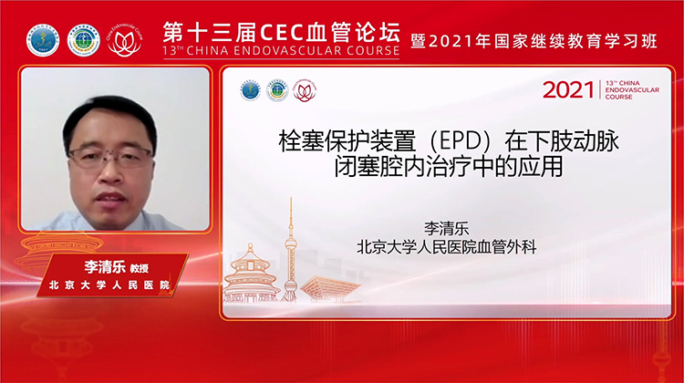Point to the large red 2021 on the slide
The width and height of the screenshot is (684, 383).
(x=568, y=89)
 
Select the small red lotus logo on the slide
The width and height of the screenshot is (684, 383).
(x=304, y=90)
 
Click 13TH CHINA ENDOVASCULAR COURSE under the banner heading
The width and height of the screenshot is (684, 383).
(x=281, y=51)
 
